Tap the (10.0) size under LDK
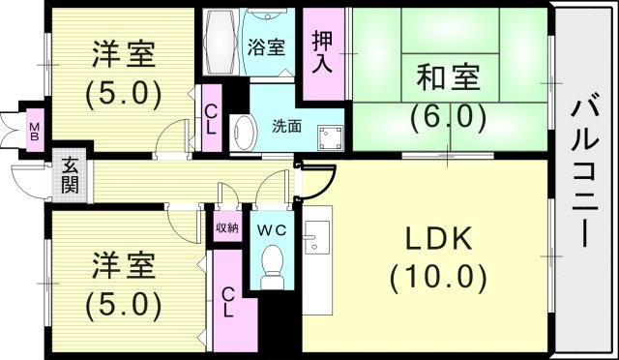437,278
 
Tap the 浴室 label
265,46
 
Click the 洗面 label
286,125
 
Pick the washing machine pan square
331,134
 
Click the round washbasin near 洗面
242,131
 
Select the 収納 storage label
227,229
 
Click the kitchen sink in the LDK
316,236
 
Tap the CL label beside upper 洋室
211,118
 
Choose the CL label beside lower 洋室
228,303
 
